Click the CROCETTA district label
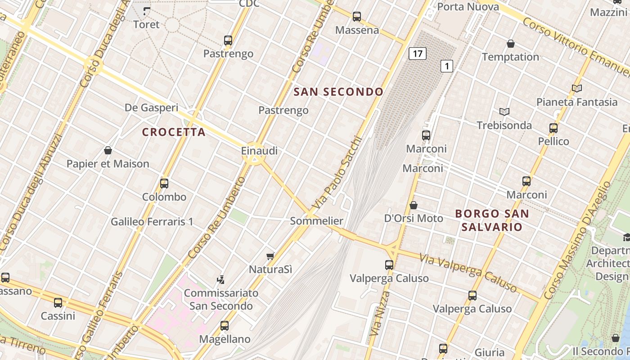[x=174, y=132]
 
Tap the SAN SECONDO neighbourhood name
[x=338, y=92]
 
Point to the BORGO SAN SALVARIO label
[x=492, y=220]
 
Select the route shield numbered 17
[x=417, y=54]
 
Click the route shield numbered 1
[x=446, y=66]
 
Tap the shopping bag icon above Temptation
[x=510, y=44]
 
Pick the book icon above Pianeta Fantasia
[x=576, y=89]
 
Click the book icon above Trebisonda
[x=504, y=112]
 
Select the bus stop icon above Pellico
[x=553, y=128]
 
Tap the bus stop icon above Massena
[x=357, y=17]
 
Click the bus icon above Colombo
[x=164, y=184]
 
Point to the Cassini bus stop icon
[x=58, y=303]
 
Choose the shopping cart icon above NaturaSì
[x=270, y=256]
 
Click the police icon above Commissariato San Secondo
[x=220, y=279]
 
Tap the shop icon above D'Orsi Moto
[x=413, y=205]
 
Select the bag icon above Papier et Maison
[x=108, y=150]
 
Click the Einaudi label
[x=259, y=151]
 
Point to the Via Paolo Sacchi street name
[x=337, y=172]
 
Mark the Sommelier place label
[x=316, y=221]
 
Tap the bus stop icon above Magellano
[x=225, y=325]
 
